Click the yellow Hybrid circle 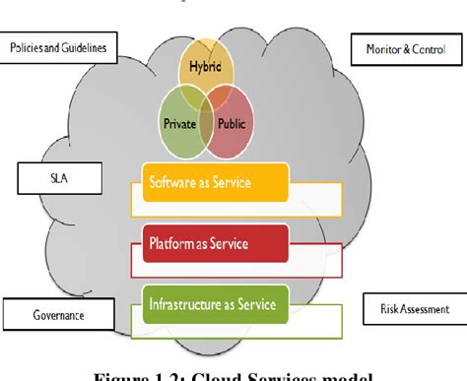(x=206, y=61)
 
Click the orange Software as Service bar (x=216, y=182)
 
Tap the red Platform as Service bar (x=216, y=243)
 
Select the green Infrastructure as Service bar (x=216, y=303)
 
